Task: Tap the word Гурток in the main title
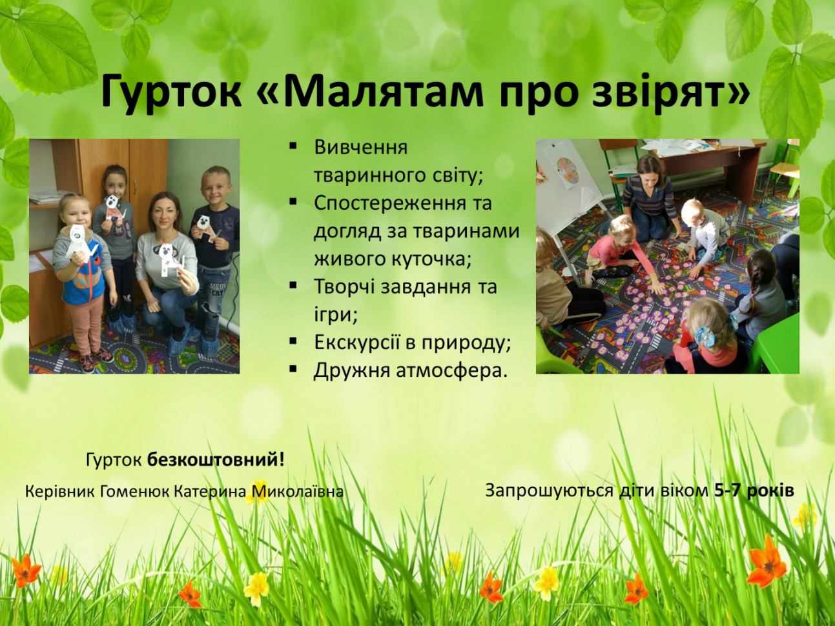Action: click(170, 94)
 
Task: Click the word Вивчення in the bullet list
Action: click(360, 148)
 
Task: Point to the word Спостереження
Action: click(390, 203)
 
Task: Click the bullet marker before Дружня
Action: click(293, 369)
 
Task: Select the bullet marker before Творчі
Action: click(293, 285)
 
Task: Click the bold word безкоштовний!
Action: click(216, 460)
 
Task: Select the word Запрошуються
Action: click(550, 491)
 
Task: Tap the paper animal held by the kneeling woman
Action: click(170, 261)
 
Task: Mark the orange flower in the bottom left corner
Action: click(25, 570)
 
